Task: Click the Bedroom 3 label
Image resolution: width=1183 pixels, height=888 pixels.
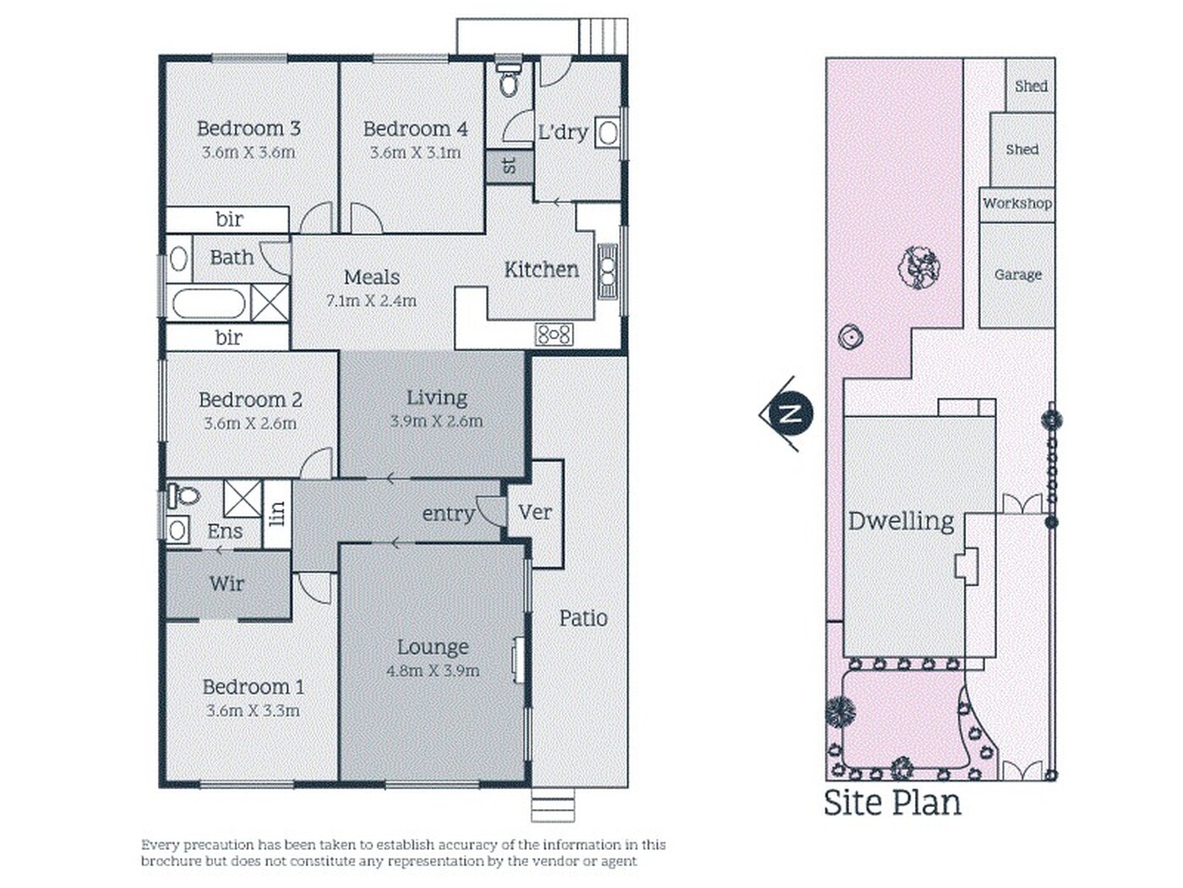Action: pos(248,129)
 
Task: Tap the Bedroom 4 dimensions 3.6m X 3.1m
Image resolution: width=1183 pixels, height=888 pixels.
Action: pos(415,152)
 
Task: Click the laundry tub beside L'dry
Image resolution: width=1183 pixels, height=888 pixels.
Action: pos(608,133)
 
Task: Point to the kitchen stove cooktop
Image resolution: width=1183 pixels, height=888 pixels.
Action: pos(554,335)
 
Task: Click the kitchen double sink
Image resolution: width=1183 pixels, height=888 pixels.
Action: pos(608,271)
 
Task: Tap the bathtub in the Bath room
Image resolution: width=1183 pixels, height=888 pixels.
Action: pos(209,304)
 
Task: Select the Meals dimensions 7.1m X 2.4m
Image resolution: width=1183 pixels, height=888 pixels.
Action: pos(371,300)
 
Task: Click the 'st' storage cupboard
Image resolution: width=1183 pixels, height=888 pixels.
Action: pos(510,166)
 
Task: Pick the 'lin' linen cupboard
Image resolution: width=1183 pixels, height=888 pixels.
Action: pos(277,514)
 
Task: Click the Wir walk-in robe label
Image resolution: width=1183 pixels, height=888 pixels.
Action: pos(227,584)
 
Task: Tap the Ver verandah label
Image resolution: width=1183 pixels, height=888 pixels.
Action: pos(535,513)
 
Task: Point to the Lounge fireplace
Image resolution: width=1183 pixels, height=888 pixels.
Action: pos(519,660)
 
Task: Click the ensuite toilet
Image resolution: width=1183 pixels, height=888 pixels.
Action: pos(183,495)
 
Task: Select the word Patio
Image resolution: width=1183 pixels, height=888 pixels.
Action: pos(583,618)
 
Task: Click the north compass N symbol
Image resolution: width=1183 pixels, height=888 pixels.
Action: pos(791,414)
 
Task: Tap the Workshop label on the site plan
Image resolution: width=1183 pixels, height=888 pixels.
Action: pos(1017,203)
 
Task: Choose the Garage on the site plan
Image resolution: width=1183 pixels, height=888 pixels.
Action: pos(1017,274)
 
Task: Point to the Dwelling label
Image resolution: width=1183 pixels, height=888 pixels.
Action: pos(901,522)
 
